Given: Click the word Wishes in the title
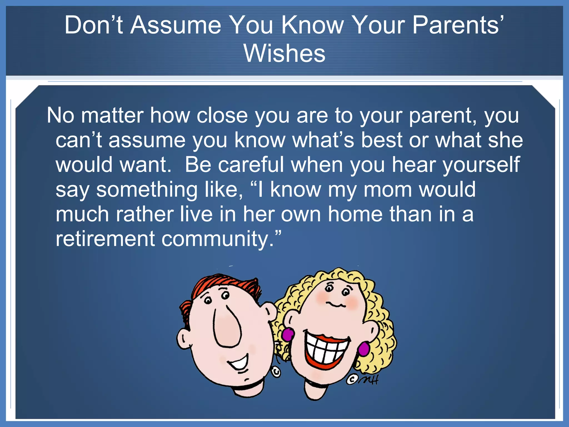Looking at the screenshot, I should click(x=284, y=53).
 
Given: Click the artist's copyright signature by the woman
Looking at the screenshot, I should click(x=363, y=379).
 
